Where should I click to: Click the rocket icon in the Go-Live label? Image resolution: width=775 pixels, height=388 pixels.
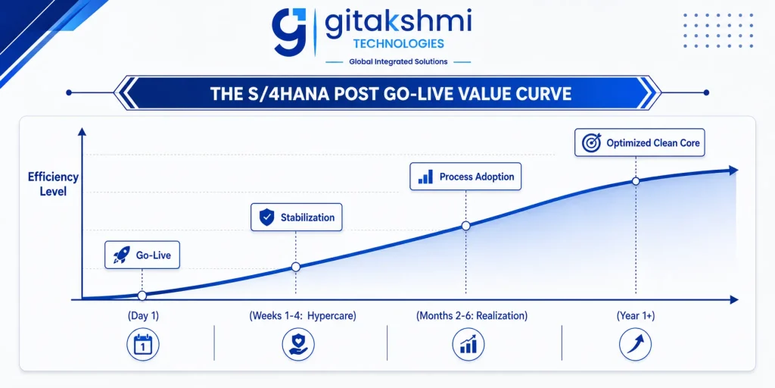122,255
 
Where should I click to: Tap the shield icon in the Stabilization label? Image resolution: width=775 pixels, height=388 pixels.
267,217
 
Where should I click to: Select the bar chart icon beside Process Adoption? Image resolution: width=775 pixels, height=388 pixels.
425,177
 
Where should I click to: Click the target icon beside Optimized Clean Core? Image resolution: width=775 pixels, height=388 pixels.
591,142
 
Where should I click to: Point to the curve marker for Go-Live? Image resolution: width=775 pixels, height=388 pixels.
142,296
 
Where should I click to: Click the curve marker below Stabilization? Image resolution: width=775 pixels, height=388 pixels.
296,268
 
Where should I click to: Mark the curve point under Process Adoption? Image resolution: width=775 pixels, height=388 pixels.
465,226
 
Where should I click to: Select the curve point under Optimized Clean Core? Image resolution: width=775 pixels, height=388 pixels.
636,181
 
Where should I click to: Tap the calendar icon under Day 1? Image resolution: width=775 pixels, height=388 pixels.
143,344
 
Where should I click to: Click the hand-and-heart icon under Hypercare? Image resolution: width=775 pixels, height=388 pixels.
298,344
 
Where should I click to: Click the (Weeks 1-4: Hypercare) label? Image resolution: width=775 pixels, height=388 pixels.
303,316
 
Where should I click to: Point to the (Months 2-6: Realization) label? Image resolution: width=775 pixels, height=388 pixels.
472,316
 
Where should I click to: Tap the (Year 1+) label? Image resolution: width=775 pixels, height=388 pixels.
636,316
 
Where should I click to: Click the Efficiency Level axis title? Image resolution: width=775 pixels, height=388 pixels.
54,184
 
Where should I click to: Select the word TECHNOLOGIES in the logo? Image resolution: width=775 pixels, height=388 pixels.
398,44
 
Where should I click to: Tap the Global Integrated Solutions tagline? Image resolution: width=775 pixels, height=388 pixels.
398,62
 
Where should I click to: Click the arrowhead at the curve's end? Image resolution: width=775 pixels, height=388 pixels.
733,171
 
